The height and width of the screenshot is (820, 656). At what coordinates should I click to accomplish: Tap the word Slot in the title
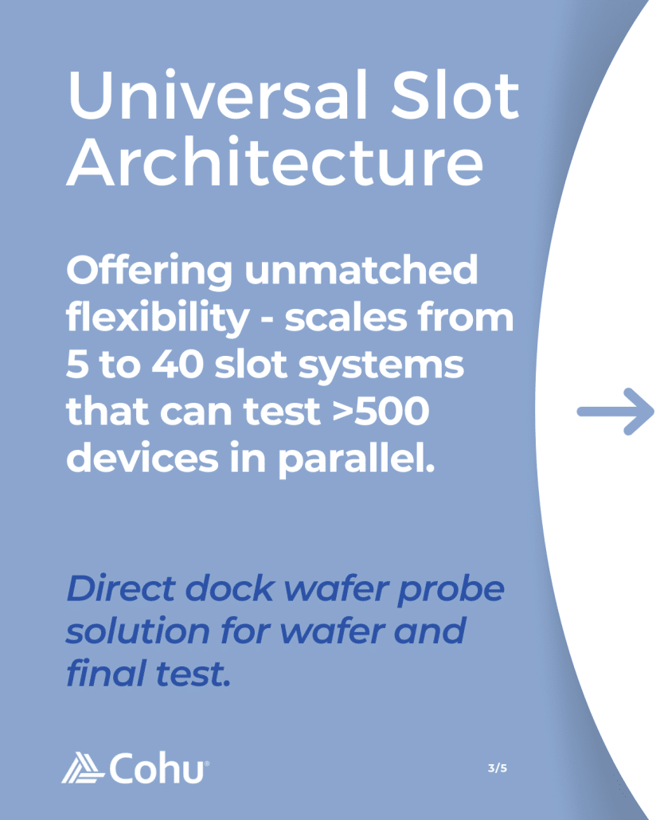(455, 95)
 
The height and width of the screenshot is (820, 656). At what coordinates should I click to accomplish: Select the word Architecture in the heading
(275, 162)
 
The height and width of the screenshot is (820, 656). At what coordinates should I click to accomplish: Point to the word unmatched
(361, 270)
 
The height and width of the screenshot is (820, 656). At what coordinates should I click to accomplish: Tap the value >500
(381, 412)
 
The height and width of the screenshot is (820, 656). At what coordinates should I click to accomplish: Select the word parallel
(356, 459)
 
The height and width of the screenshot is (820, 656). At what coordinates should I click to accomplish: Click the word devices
(143, 458)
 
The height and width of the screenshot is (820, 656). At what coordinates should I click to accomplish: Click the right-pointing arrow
(615, 412)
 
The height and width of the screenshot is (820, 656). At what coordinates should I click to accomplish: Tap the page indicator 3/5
(497, 768)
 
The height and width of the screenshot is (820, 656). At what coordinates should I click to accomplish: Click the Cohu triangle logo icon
(83, 767)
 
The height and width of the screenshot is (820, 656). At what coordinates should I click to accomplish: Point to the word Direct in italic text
(121, 589)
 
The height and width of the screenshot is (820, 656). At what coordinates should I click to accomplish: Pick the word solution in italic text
(138, 631)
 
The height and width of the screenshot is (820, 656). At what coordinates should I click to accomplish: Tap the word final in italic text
(106, 673)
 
